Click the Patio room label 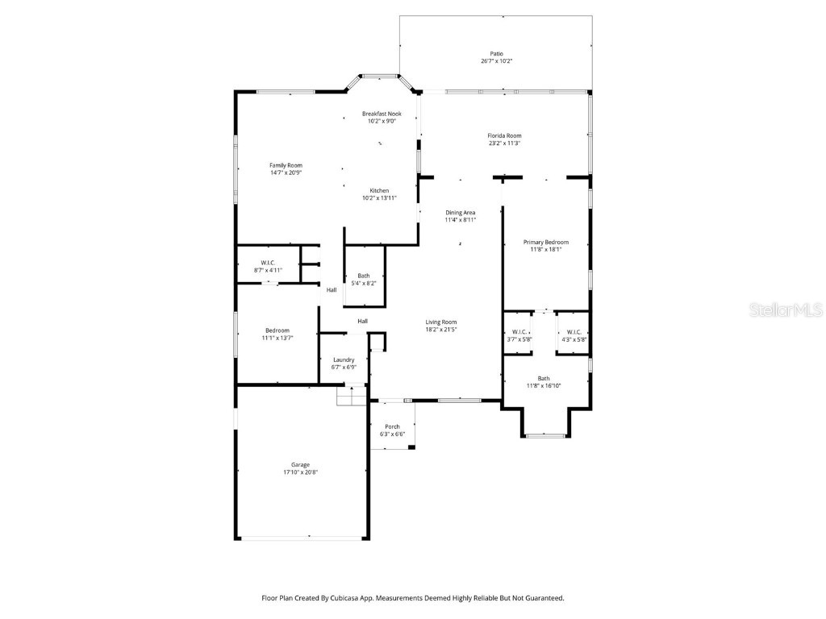pos(497,54)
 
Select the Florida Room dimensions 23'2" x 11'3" pos(504,143)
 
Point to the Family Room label pos(286,165)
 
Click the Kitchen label pos(379,191)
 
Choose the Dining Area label pos(460,213)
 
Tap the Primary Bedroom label pos(545,243)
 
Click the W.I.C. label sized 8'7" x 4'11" pos(269,263)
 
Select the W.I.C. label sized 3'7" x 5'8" pos(519,332)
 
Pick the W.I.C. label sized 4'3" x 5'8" pos(574,332)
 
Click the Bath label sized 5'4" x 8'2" pos(364,276)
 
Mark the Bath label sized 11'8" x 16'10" pos(544,379)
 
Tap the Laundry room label pos(344,359)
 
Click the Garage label pos(300,465)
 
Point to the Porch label pos(392,426)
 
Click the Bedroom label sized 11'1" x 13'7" pos(277,330)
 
